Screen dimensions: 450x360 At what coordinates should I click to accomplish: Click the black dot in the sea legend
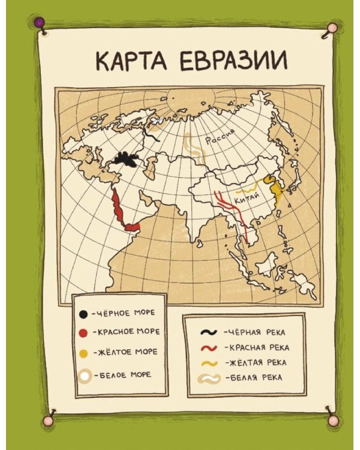84,313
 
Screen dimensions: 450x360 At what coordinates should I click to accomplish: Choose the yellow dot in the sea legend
84,353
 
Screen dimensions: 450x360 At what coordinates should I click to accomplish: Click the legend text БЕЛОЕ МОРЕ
124,374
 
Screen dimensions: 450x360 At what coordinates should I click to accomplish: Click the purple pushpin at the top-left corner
40,23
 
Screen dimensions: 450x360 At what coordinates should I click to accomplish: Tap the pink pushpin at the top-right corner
331,27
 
